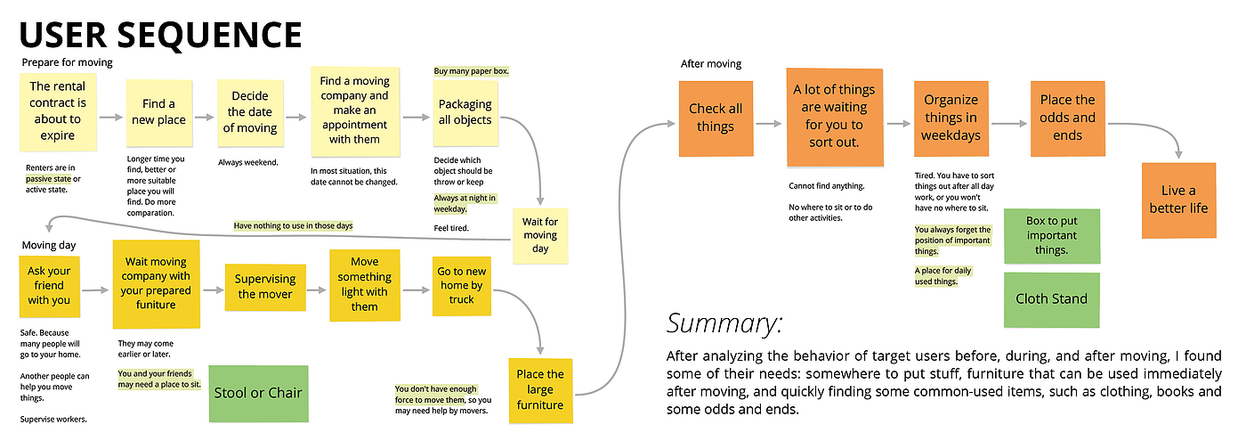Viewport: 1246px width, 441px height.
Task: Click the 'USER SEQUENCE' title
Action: [x=160, y=35]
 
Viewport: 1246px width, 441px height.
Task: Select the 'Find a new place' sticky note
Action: [x=159, y=116]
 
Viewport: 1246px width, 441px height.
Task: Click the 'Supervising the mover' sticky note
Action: [x=264, y=286]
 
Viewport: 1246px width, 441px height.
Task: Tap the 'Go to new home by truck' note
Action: [x=461, y=286]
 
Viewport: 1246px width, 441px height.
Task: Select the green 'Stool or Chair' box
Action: [x=258, y=393]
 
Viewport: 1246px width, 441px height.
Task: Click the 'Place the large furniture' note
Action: [x=539, y=389]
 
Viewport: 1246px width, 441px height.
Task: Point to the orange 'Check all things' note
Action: [x=716, y=118]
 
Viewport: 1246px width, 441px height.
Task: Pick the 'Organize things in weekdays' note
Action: [x=951, y=118]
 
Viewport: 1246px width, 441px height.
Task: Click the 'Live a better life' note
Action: [x=1178, y=200]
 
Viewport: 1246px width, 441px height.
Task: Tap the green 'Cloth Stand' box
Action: [x=1051, y=299]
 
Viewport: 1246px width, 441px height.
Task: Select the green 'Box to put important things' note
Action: [x=1051, y=236]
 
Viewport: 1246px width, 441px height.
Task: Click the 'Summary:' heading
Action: [x=725, y=322]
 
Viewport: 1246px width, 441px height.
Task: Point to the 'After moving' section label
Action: [x=710, y=64]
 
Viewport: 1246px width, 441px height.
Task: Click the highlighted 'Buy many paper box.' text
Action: [x=471, y=71]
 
